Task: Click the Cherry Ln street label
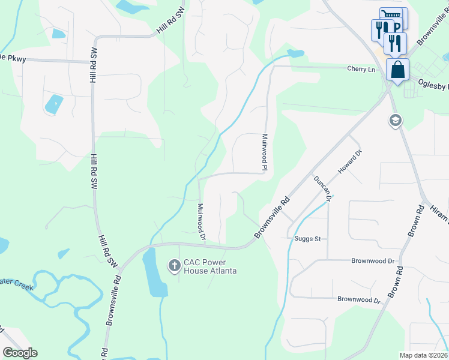[x=361, y=69]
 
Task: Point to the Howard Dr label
[x=350, y=162]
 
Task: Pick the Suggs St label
[x=308, y=238]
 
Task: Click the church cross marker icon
[x=175, y=265]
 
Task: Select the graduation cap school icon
[x=395, y=121]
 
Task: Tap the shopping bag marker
[x=397, y=70]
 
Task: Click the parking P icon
[x=397, y=28]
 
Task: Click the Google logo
[x=20, y=353]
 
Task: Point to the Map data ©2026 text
[x=424, y=355]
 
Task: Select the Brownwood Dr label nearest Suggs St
[x=373, y=262]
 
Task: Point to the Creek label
[x=15, y=280]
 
